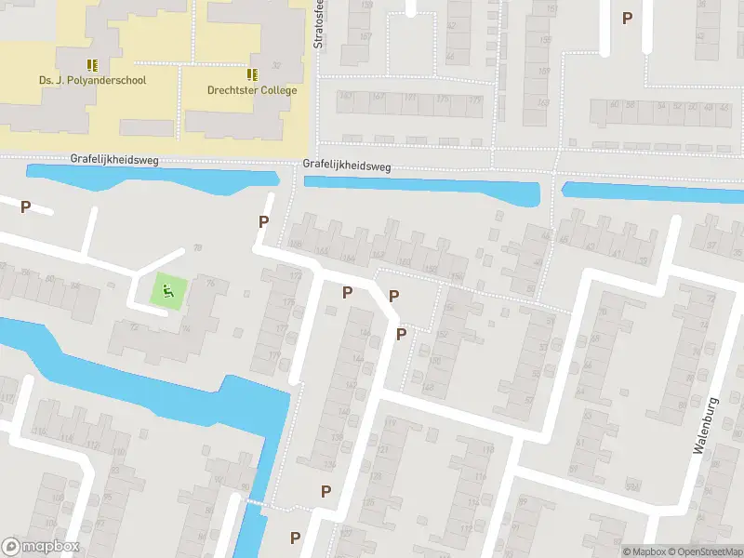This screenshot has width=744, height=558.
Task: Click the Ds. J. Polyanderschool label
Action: pyautogui.click(x=92, y=81)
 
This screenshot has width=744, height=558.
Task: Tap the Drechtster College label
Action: pyautogui.click(x=252, y=90)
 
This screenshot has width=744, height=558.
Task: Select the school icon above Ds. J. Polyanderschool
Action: pyautogui.click(x=92, y=65)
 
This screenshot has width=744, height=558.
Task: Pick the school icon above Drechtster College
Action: pyautogui.click(x=252, y=74)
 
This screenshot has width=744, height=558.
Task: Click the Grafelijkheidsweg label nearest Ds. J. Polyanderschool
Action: pyautogui.click(x=114, y=160)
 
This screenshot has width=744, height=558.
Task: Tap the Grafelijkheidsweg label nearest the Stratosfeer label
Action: pyautogui.click(x=347, y=166)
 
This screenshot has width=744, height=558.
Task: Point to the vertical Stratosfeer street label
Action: pyautogui.click(x=318, y=25)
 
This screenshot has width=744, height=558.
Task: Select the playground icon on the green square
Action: pyautogui.click(x=168, y=292)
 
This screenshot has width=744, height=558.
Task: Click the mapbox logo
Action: pyautogui.click(x=41, y=546)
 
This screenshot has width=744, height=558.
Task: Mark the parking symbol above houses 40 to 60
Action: pyautogui.click(x=627, y=18)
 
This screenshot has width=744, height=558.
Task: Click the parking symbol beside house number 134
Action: pyautogui.click(x=325, y=491)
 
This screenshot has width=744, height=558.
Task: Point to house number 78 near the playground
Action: pyautogui.click(x=196, y=247)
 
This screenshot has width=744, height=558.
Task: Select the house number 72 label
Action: pyautogui.click(x=133, y=327)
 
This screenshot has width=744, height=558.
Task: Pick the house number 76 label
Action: pyautogui.click(x=210, y=280)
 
